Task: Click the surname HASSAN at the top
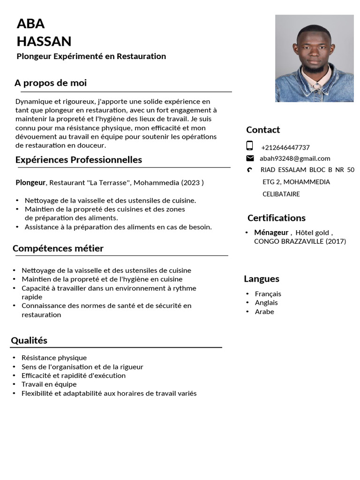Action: click(44, 41)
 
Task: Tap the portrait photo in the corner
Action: click(314, 58)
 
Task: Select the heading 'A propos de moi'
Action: click(51, 83)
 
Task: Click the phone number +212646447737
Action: click(285, 147)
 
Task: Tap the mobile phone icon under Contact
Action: click(250, 145)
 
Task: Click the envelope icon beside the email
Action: click(250, 158)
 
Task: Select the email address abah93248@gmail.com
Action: click(295, 158)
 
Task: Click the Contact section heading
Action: click(263, 130)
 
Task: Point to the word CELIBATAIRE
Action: click(281, 194)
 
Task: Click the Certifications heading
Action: click(276, 218)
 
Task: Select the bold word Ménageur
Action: click(271, 232)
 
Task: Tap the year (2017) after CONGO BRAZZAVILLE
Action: click(336, 241)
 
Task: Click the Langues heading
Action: click(262, 279)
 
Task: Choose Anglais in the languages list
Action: click(266, 303)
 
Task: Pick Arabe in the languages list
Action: click(264, 312)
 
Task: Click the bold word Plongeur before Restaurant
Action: click(30, 182)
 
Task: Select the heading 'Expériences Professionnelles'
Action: click(79, 160)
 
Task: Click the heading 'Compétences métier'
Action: click(58, 248)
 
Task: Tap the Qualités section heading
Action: click(29, 340)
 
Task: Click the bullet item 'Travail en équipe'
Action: click(49, 384)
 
